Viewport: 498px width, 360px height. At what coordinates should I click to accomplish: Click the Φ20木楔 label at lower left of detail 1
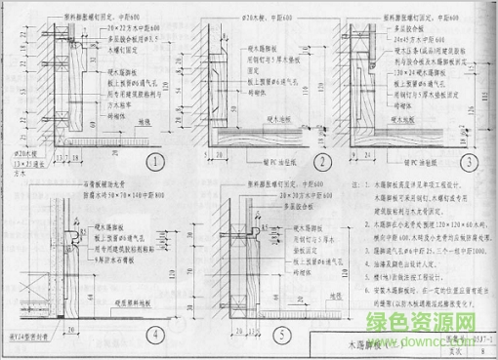tap(19, 153)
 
